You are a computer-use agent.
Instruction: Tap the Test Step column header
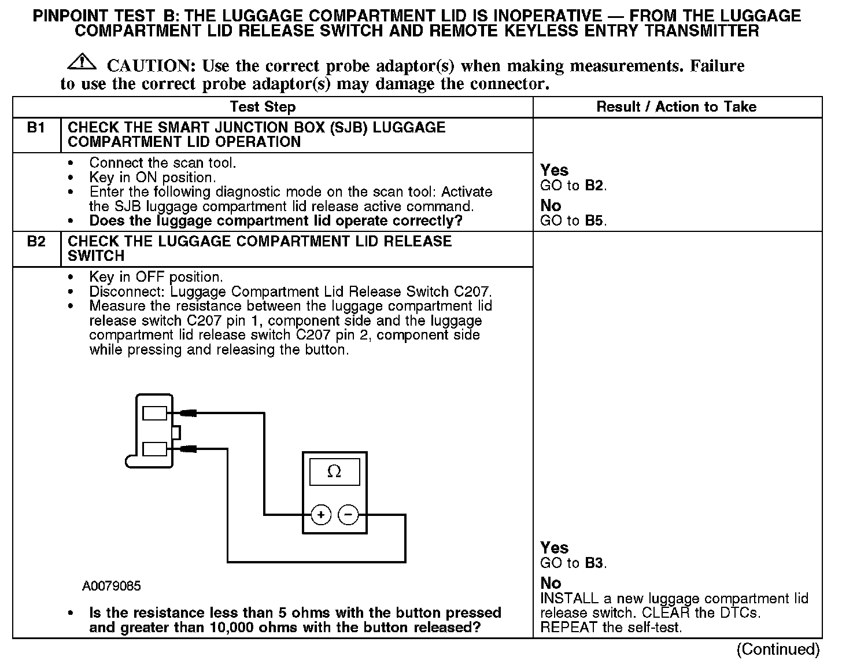point(263,107)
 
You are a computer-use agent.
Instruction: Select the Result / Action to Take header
point(676,107)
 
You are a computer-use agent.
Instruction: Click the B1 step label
point(36,128)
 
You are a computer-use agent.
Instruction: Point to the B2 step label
point(36,242)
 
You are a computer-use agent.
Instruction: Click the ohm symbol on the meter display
point(334,472)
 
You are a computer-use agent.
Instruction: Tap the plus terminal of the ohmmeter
point(321,514)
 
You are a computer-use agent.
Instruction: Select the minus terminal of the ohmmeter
point(348,514)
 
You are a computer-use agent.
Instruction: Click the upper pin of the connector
point(154,413)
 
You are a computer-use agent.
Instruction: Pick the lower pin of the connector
point(154,448)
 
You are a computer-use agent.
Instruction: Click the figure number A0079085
point(112,586)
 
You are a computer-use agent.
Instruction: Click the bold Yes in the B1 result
point(554,171)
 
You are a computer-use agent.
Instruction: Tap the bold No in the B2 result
point(551,583)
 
